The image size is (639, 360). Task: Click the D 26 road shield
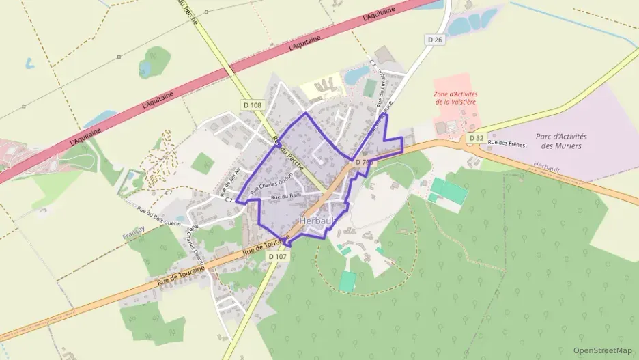[x=436, y=40]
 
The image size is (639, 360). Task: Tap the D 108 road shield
[x=252, y=105]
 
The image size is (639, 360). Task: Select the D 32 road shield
[x=476, y=138]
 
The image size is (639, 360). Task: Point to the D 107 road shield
[x=278, y=256]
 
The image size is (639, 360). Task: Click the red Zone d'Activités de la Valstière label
[x=456, y=98]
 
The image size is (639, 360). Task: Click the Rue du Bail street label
[x=286, y=197]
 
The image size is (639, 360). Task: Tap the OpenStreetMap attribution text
[x=603, y=350]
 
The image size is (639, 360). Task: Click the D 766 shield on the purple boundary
[x=364, y=163]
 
